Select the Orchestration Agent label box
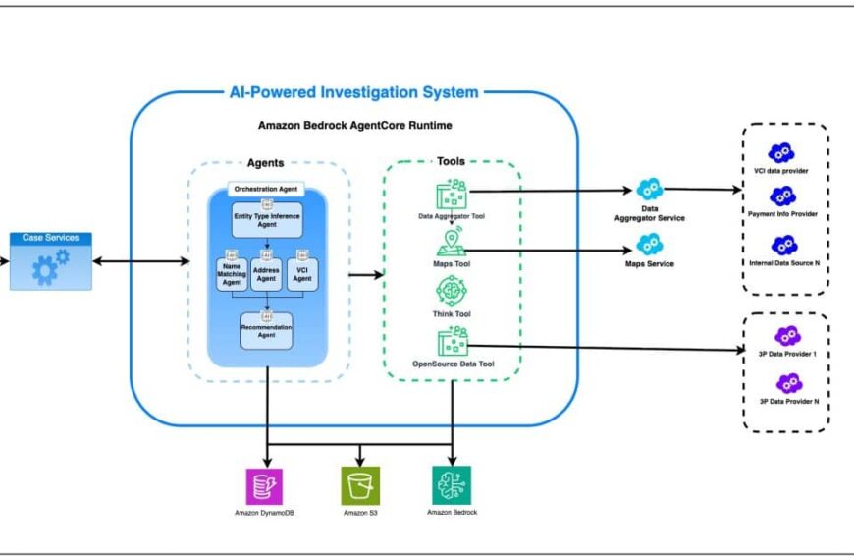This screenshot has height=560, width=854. tap(267, 189)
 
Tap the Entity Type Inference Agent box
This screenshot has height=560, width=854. tap(267, 219)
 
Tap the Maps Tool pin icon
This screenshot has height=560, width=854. tap(451, 244)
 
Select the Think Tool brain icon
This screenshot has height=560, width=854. tap(451, 293)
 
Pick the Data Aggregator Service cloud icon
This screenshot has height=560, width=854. tap(649, 191)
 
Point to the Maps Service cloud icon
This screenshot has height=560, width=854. tap(649, 245)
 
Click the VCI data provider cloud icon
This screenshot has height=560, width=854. tap(780, 152)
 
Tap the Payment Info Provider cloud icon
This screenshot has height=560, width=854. tap(781, 196)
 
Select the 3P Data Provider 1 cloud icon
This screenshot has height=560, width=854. tap(787, 336)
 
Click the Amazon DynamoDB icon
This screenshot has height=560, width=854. tap(264, 486)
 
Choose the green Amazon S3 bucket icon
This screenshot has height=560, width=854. tap(360, 486)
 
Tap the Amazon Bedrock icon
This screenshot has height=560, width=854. tap(452, 485)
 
